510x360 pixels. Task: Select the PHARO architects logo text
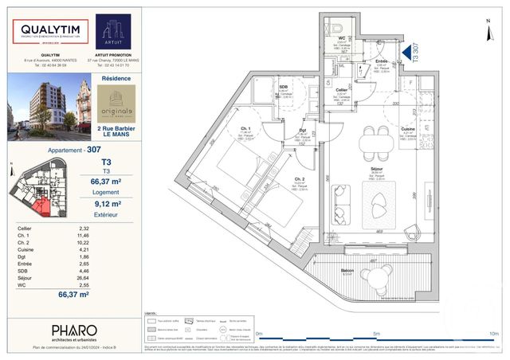point(74,331)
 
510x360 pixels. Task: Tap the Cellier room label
point(341,90)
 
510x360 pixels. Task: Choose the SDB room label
point(282,86)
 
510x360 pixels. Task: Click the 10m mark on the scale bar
point(493,333)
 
